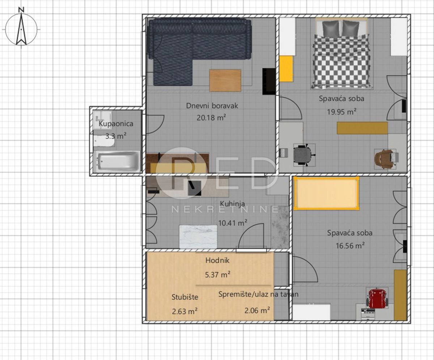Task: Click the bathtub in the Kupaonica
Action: (117, 161)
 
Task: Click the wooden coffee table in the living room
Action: (225, 80)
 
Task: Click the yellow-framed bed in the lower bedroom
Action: (326, 194)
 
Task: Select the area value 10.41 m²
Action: (233, 223)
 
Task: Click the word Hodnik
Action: (217, 260)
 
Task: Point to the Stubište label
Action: (184, 297)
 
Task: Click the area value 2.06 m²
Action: (258, 310)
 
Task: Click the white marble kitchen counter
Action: (198, 237)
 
